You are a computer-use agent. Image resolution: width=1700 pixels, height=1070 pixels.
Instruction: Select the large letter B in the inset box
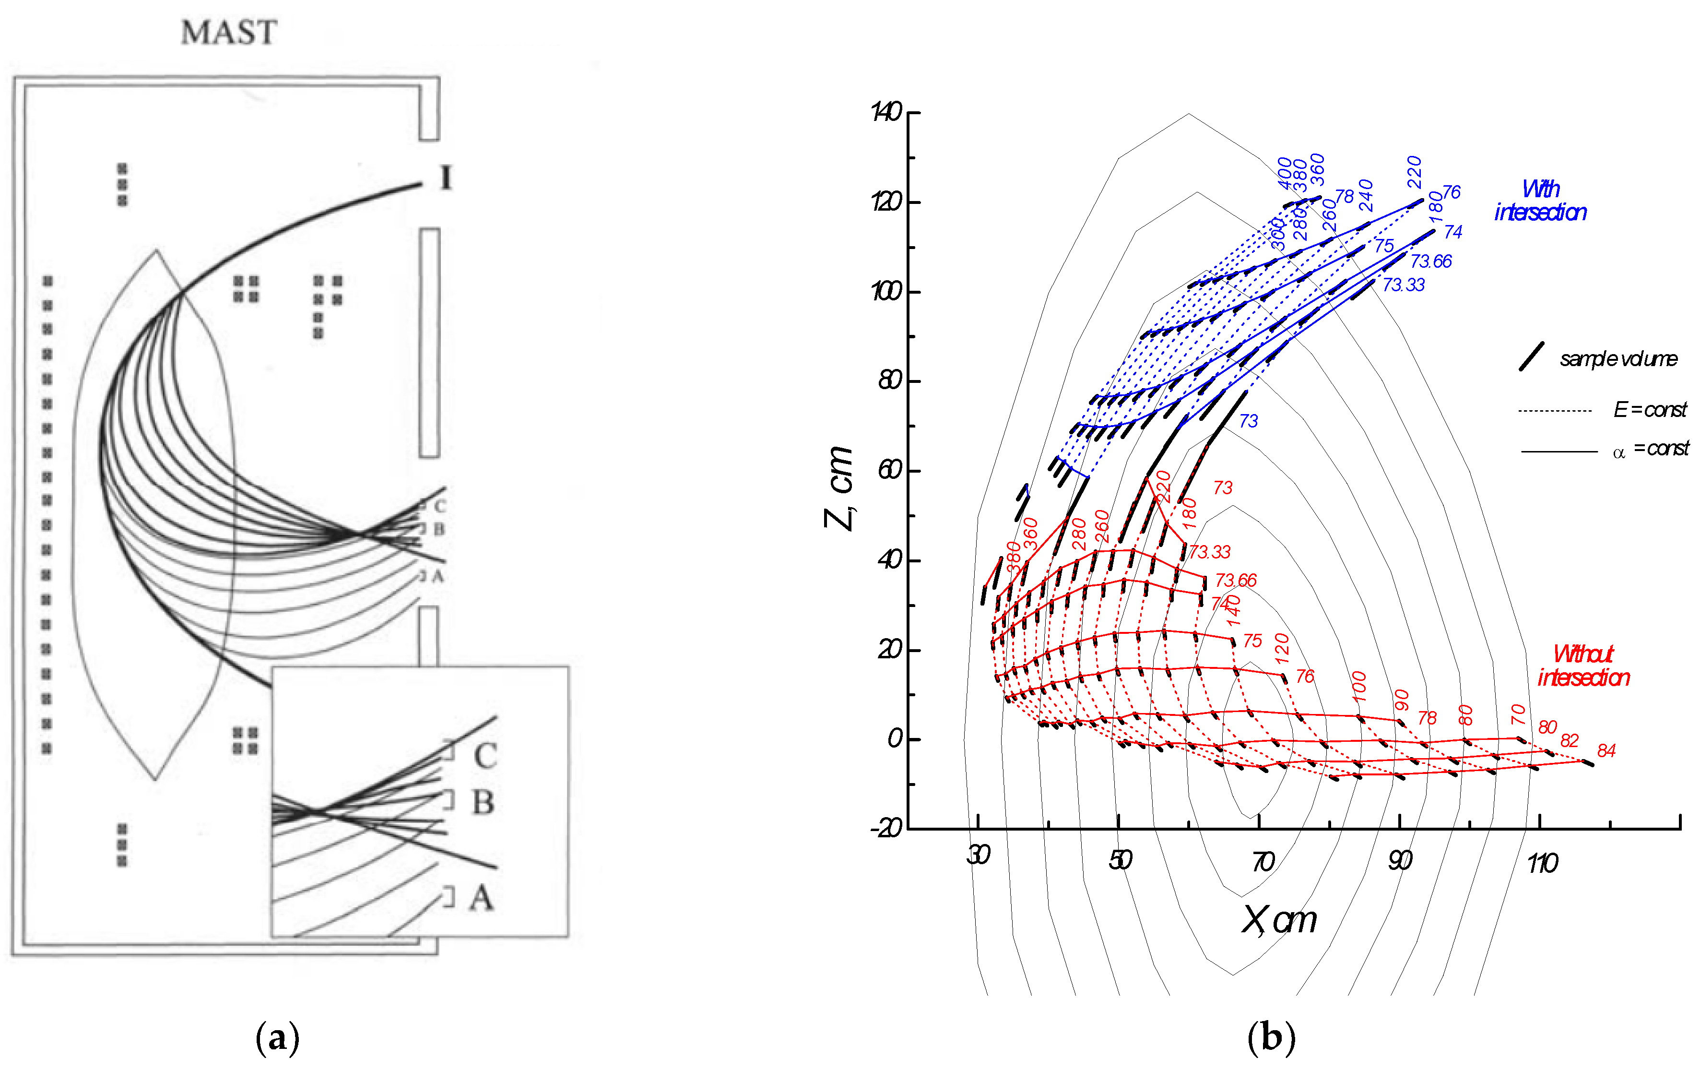(483, 802)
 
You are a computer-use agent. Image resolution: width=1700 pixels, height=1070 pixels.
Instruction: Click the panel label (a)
(277, 1038)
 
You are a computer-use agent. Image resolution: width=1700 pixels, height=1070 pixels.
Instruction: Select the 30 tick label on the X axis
(978, 856)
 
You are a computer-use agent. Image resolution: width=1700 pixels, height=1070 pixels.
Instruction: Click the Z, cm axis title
(839, 487)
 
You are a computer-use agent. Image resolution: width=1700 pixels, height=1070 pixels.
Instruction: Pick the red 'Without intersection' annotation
(1583, 666)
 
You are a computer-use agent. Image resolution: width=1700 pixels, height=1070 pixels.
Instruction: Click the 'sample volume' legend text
(1618, 359)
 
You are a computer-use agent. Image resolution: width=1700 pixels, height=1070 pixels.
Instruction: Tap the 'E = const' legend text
(1650, 410)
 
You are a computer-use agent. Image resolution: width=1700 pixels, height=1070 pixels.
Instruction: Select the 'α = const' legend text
(1650, 449)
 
